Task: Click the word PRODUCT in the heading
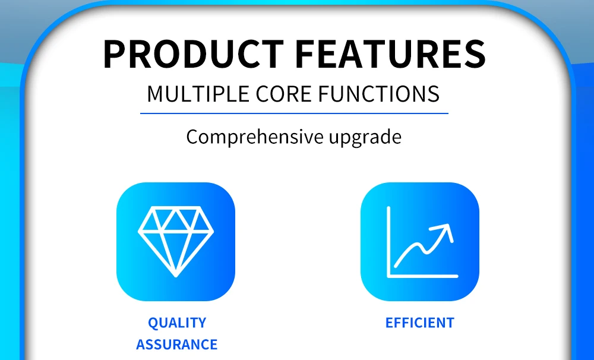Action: tap(193, 54)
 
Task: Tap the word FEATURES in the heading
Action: tap(390, 54)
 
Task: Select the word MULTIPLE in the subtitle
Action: tap(198, 94)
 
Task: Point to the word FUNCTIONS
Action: tap(379, 94)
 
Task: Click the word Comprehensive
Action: tap(255, 137)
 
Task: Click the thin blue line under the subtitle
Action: tap(295, 113)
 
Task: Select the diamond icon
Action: tap(176, 242)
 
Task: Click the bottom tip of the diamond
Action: tap(176, 276)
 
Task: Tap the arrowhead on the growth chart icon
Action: tap(444, 230)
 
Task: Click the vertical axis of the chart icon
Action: tap(388, 242)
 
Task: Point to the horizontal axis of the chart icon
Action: tap(423, 276)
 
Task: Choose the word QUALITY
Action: tap(177, 323)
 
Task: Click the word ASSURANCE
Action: tap(177, 345)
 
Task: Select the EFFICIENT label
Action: tap(420, 323)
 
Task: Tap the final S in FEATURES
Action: tap(475, 54)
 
